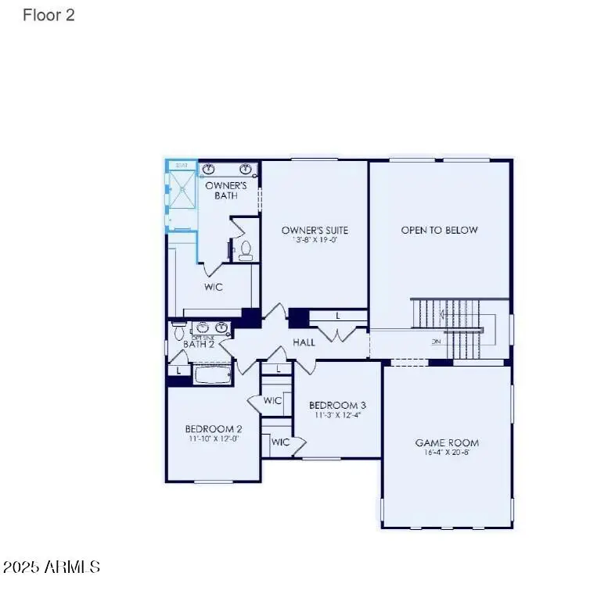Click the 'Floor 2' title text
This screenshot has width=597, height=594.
49,15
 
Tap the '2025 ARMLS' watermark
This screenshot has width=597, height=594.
52,567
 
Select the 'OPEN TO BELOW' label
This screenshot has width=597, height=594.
439,230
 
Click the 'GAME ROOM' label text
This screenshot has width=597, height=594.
447,443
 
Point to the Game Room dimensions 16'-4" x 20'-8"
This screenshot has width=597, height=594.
447,453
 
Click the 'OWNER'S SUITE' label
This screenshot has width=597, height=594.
315,230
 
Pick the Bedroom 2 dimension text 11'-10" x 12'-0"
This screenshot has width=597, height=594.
213,439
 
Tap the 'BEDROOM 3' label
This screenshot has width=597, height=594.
337,405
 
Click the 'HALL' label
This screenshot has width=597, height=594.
304,342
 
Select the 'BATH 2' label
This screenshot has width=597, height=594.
199,344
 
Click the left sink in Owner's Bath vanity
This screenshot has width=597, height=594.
209,169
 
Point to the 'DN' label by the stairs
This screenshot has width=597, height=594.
436,342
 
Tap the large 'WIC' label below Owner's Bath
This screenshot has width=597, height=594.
214,287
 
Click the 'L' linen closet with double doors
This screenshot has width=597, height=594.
337,316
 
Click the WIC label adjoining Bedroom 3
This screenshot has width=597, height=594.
272,400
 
